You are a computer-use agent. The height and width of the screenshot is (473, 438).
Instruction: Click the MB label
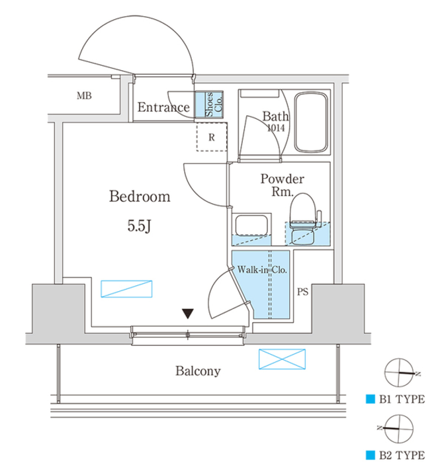tap(83, 96)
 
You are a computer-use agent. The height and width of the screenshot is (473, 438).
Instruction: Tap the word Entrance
tap(163, 108)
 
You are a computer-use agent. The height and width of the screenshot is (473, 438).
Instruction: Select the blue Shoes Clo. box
tap(209, 104)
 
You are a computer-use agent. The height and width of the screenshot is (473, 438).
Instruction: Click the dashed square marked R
tap(211, 137)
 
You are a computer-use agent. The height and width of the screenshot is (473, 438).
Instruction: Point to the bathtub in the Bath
tap(311, 123)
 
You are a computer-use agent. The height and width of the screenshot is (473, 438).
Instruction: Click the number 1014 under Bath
tap(276, 129)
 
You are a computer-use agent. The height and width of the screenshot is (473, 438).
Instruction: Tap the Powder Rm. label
tap(282, 185)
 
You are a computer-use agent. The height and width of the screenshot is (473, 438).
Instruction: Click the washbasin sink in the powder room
tap(251, 225)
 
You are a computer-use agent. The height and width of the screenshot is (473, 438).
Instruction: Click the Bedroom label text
tap(140, 197)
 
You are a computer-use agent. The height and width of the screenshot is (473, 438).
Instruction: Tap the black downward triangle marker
tap(188, 314)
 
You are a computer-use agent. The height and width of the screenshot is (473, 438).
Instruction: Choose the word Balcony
tap(198, 371)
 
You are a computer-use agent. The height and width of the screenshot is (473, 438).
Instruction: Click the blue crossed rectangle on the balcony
tap(282, 359)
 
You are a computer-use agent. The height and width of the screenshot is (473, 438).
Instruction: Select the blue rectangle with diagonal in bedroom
tap(126, 289)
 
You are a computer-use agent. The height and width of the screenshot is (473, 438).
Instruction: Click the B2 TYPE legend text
tap(401, 455)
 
